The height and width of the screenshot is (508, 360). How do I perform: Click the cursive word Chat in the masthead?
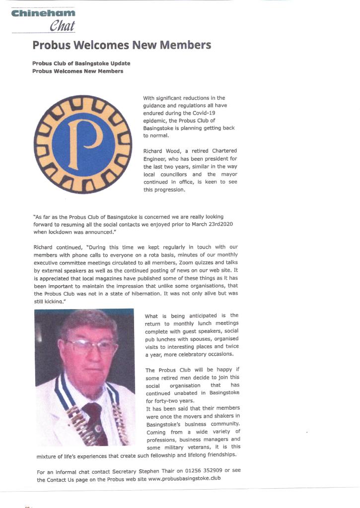62,26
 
